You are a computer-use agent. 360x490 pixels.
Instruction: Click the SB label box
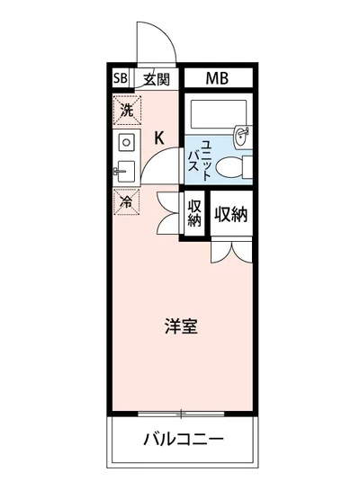click(x=121, y=79)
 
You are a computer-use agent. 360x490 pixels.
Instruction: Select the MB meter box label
click(x=217, y=79)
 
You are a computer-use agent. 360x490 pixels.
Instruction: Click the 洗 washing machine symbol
click(x=126, y=111)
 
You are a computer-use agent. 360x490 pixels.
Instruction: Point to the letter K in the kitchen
click(x=159, y=138)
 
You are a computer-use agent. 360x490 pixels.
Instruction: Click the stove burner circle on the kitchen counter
click(x=125, y=142)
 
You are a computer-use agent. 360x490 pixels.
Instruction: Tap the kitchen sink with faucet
click(x=125, y=170)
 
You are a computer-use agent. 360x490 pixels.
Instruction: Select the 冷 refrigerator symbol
click(x=126, y=201)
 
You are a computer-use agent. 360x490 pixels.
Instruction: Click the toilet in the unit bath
click(x=233, y=167)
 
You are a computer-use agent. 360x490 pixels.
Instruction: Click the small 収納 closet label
click(x=193, y=214)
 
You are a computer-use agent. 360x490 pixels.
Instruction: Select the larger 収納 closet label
click(x=231, y=214)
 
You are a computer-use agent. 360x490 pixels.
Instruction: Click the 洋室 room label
click(x=182, y=327)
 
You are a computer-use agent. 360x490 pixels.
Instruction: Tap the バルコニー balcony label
click(x=183, y=440)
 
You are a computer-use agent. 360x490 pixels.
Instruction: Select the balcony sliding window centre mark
click(x=183, y=414)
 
